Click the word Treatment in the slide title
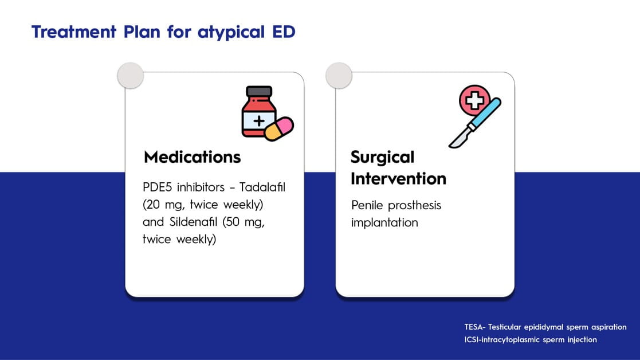(x=74, y=32)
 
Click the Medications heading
(x=193, y=156)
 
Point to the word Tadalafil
(x=262, y=187)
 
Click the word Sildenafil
(x=194, y=222)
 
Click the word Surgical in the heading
(x=382, y=158)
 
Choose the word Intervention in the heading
(x=398, y=178)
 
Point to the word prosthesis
(x=414, y=205)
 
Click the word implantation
(x=384, y=222)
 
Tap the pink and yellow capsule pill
(x=279, y=129)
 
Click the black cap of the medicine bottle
(x=259, y=91)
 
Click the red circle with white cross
(x=474, y=100)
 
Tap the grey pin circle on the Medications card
(x=131, y=76)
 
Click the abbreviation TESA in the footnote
(x=473, y=327)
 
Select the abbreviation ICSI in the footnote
(x=471, y=339)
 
